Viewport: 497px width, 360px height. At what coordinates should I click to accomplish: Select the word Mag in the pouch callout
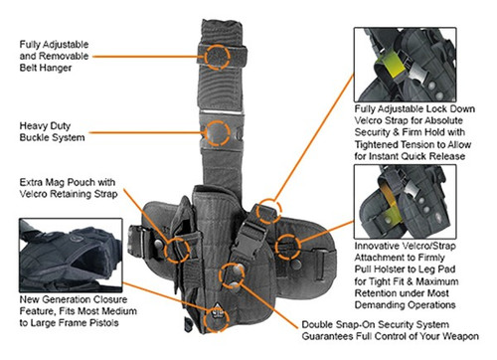[66, 183]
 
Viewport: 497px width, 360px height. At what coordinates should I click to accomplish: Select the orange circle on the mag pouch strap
[180, 248]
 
